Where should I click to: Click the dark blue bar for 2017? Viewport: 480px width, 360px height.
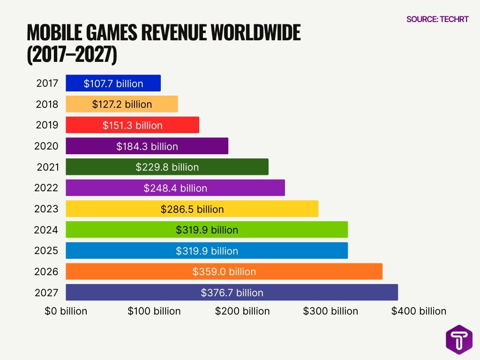[x=113, y=83]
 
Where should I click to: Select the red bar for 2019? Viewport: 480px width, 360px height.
[x=132, y=125]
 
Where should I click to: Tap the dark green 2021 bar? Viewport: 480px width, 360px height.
[x=167, y=167]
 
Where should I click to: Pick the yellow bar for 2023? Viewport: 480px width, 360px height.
[x=192, y=209]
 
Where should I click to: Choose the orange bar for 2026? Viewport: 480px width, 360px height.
[x=224, y=271]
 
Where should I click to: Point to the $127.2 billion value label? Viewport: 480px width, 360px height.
[x=122, y=105]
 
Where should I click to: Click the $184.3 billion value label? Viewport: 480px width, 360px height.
[x=147, y=146]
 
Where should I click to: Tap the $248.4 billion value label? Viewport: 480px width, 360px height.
[x=175, y=188]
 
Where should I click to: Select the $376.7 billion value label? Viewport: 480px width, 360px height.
[x=232, y=292]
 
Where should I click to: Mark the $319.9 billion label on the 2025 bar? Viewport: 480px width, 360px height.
[x=207, y=251]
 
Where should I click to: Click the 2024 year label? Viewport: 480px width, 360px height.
[x=46, y=230]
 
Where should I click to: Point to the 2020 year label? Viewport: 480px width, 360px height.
[x=46, y=146]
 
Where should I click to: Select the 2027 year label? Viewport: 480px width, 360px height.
[x=46, y=292]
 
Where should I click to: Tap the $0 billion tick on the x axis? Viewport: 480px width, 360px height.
[x=66, y=311]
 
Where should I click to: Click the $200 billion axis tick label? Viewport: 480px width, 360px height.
[x=242, y=311]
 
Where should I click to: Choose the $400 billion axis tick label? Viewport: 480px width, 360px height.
[x=419, y=311]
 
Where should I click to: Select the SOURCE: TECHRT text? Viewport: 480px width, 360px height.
[x=437, y=19]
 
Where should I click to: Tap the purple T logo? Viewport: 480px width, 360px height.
[x=459, y=338]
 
